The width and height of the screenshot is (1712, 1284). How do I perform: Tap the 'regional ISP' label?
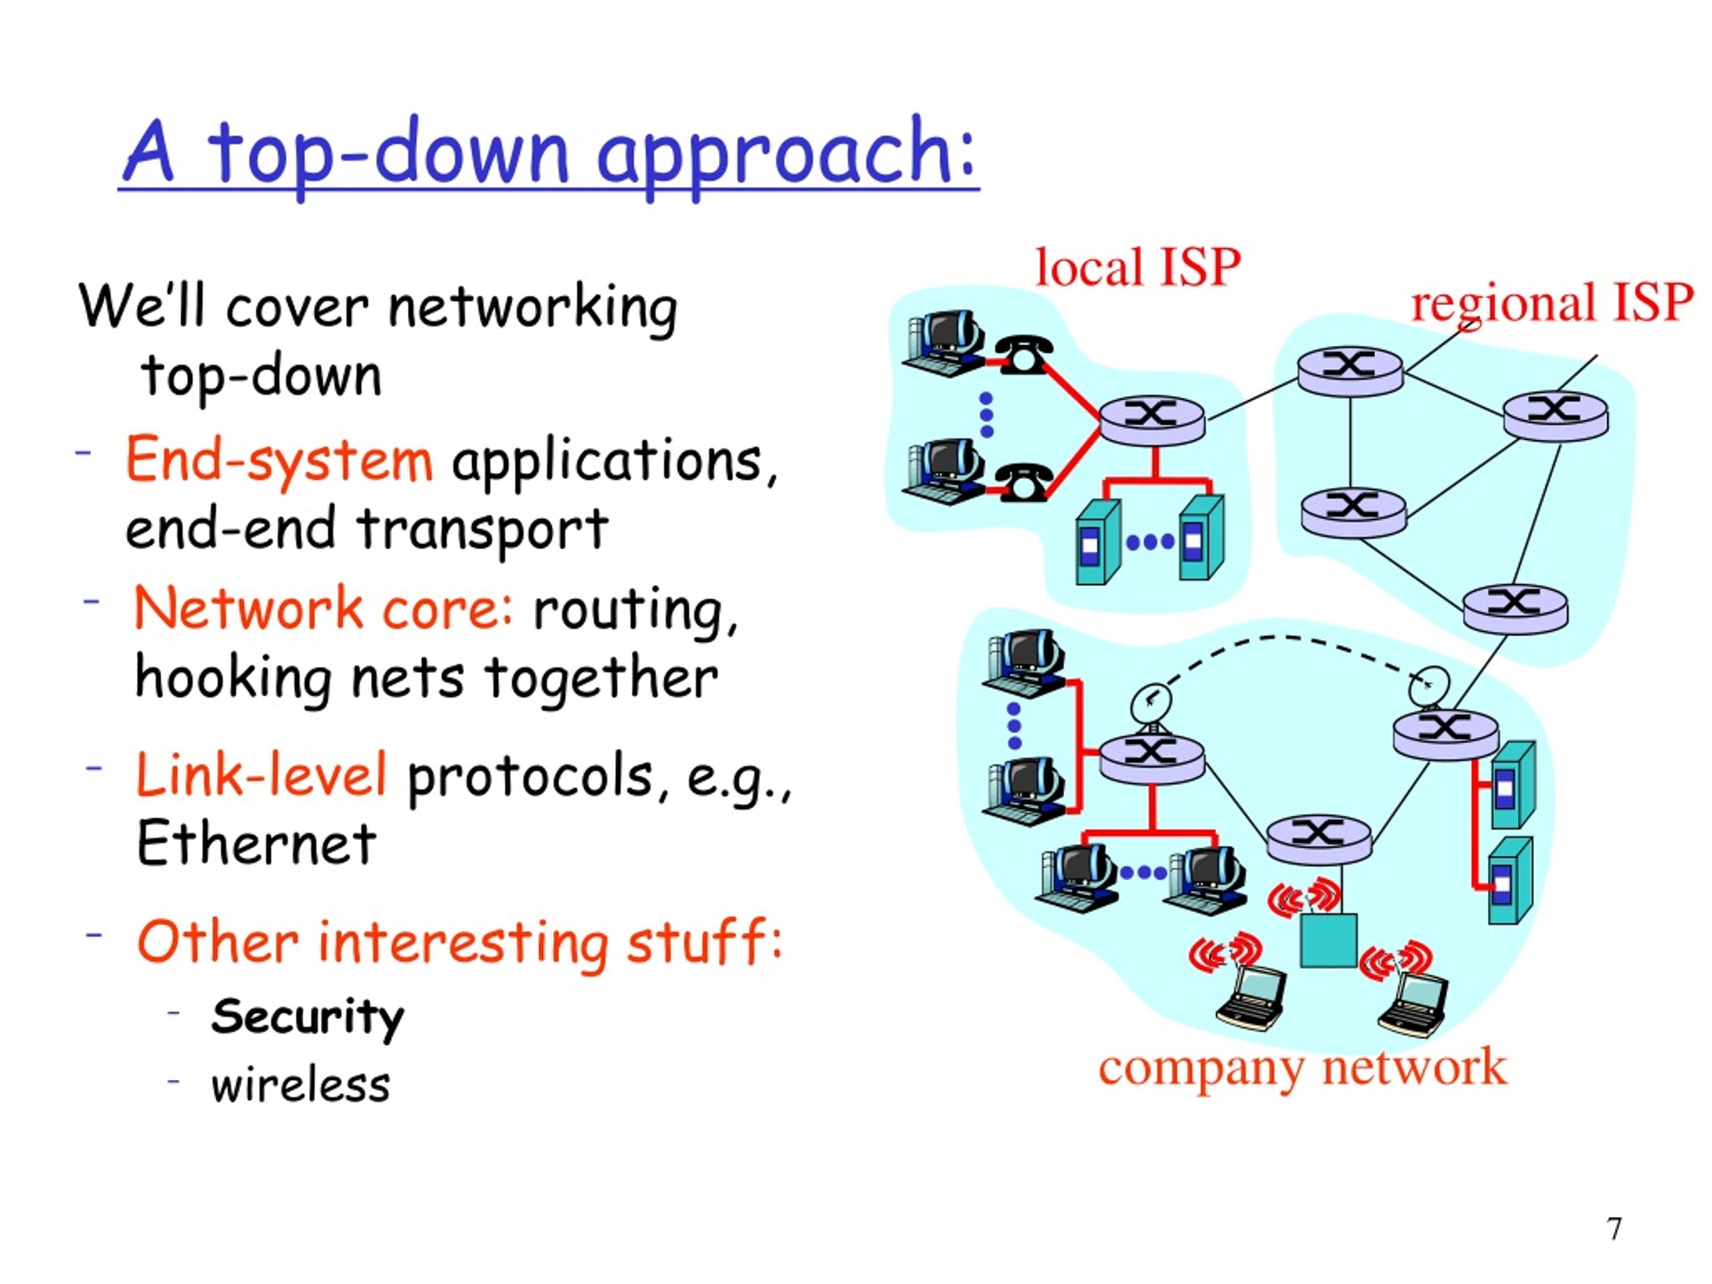tap(1551, 304)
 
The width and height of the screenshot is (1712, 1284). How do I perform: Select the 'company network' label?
tap(1303, 1068)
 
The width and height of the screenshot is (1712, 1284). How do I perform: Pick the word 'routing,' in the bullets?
tap(635, 611)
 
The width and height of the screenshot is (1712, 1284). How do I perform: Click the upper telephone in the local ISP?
tap(1023, 355)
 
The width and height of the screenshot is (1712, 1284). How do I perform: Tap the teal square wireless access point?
tap(1328, 940)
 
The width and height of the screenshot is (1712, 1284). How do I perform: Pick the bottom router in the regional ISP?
tap(1515, 609)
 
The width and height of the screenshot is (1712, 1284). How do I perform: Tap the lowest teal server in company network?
tap(1511, 880)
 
